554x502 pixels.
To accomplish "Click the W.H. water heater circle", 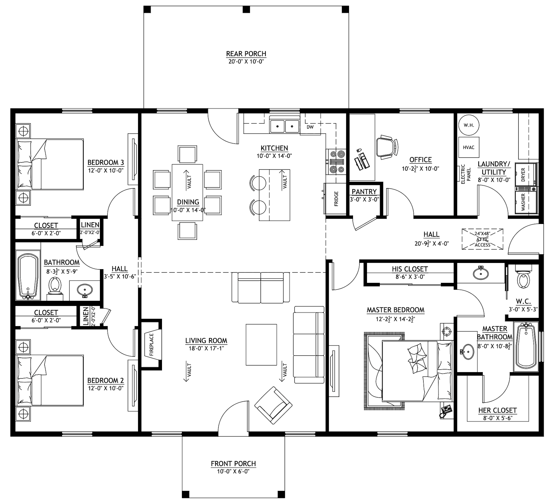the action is coord(469,125).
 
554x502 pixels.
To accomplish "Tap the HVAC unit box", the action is coord(469,147).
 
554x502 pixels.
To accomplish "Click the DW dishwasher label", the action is coord(310,127).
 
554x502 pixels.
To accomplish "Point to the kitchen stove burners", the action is coord(336,162).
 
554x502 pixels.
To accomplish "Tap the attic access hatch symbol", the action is coord(482,239).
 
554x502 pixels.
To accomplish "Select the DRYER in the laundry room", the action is coord(526,174).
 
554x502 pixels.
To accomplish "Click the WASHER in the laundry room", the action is coord(526,202).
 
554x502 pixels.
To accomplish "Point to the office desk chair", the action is coord(387,147).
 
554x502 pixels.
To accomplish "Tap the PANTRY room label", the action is coord(364,192).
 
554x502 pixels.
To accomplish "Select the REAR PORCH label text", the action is coord(246,54).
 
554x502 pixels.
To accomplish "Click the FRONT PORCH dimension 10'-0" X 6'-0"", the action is coord(233,471).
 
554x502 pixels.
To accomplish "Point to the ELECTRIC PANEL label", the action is coord(466,174).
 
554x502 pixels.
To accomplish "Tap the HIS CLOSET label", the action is coord(410,269).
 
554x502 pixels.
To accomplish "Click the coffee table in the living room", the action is coord(261,345).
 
